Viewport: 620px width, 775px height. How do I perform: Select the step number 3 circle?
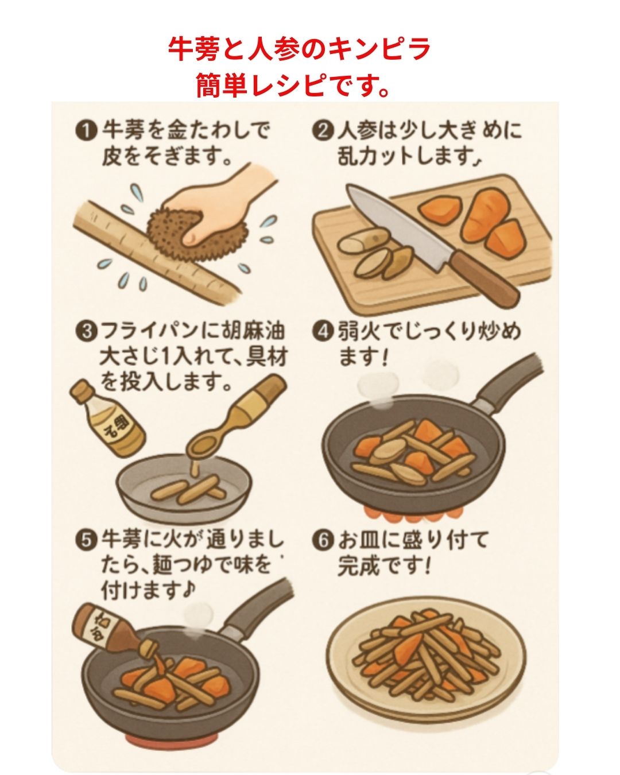[85, 332]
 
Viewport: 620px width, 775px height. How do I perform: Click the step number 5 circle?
[85, 540]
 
